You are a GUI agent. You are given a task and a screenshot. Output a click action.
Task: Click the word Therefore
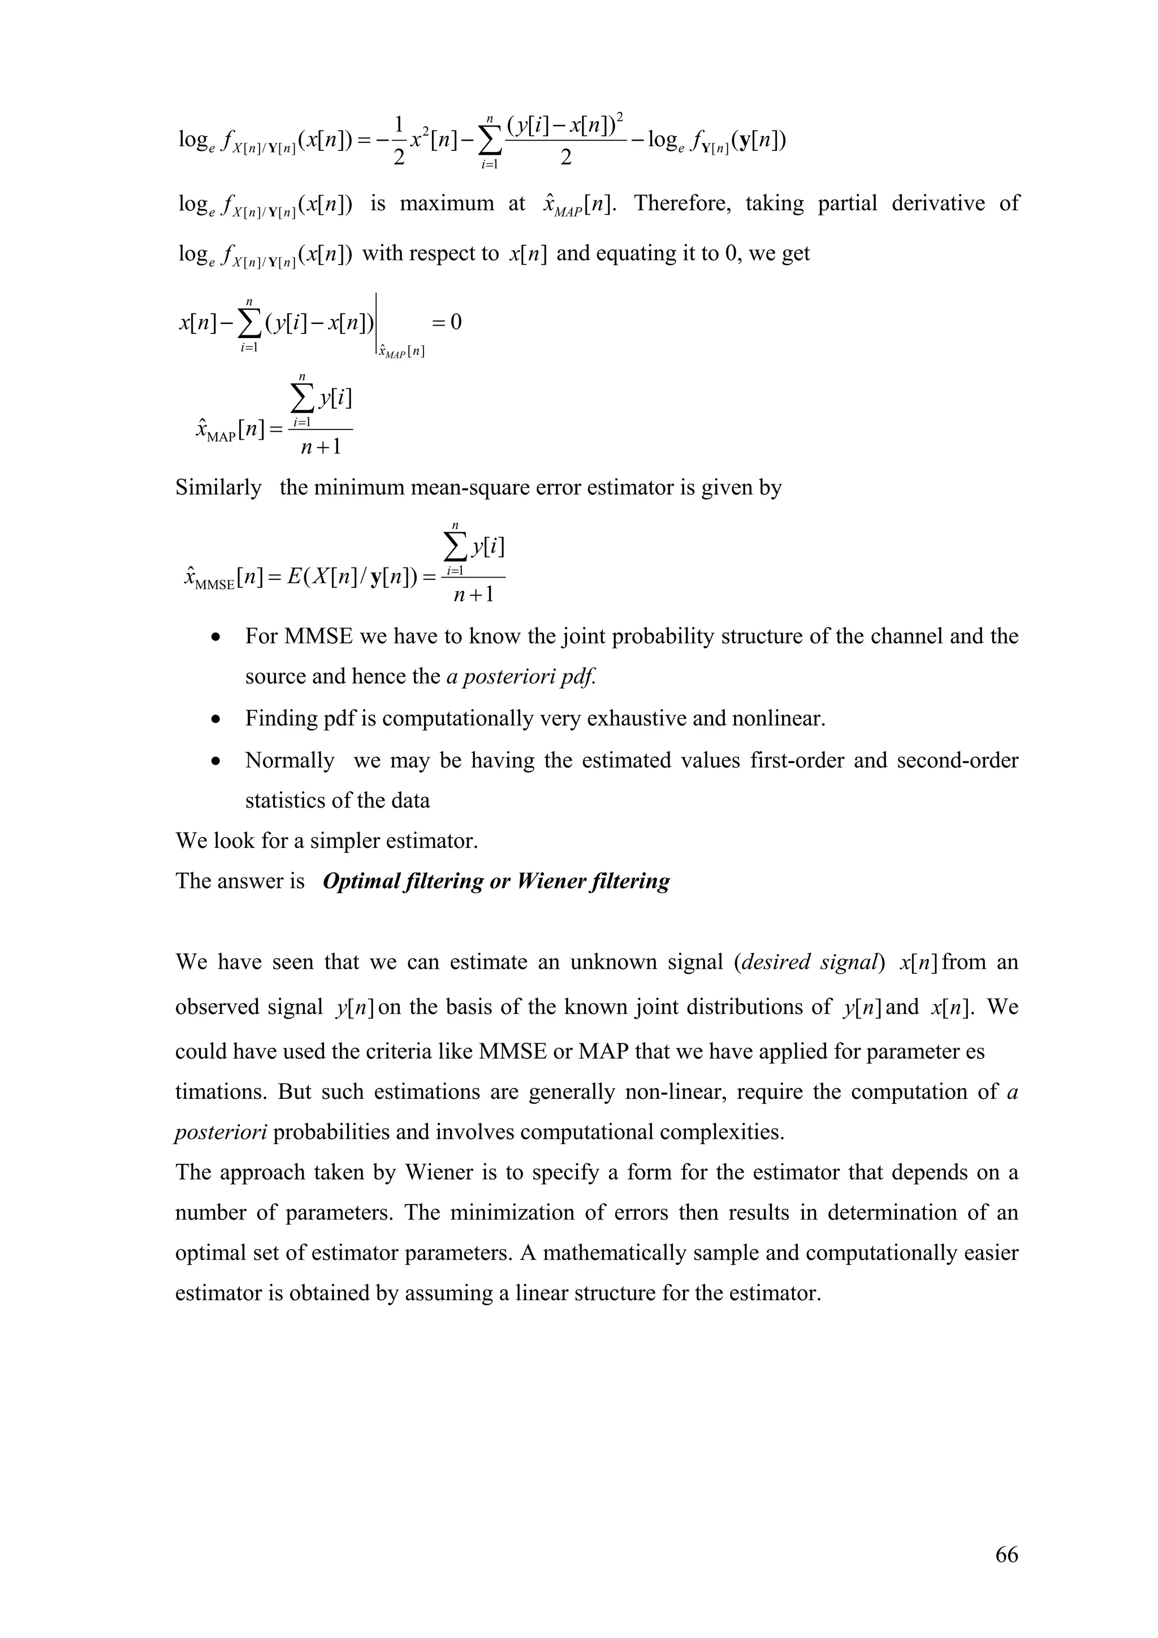tap(682, 203)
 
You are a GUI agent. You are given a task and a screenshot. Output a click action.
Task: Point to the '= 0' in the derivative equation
tap(447, 323)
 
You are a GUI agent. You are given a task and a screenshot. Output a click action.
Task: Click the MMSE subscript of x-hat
tap(214, 584)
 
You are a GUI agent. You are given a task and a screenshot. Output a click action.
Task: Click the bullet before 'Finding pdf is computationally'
tap(215, 719)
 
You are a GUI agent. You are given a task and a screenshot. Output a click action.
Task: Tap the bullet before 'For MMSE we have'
tap(215, 637)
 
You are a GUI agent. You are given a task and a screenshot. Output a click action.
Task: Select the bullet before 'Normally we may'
tap(215, 761)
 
